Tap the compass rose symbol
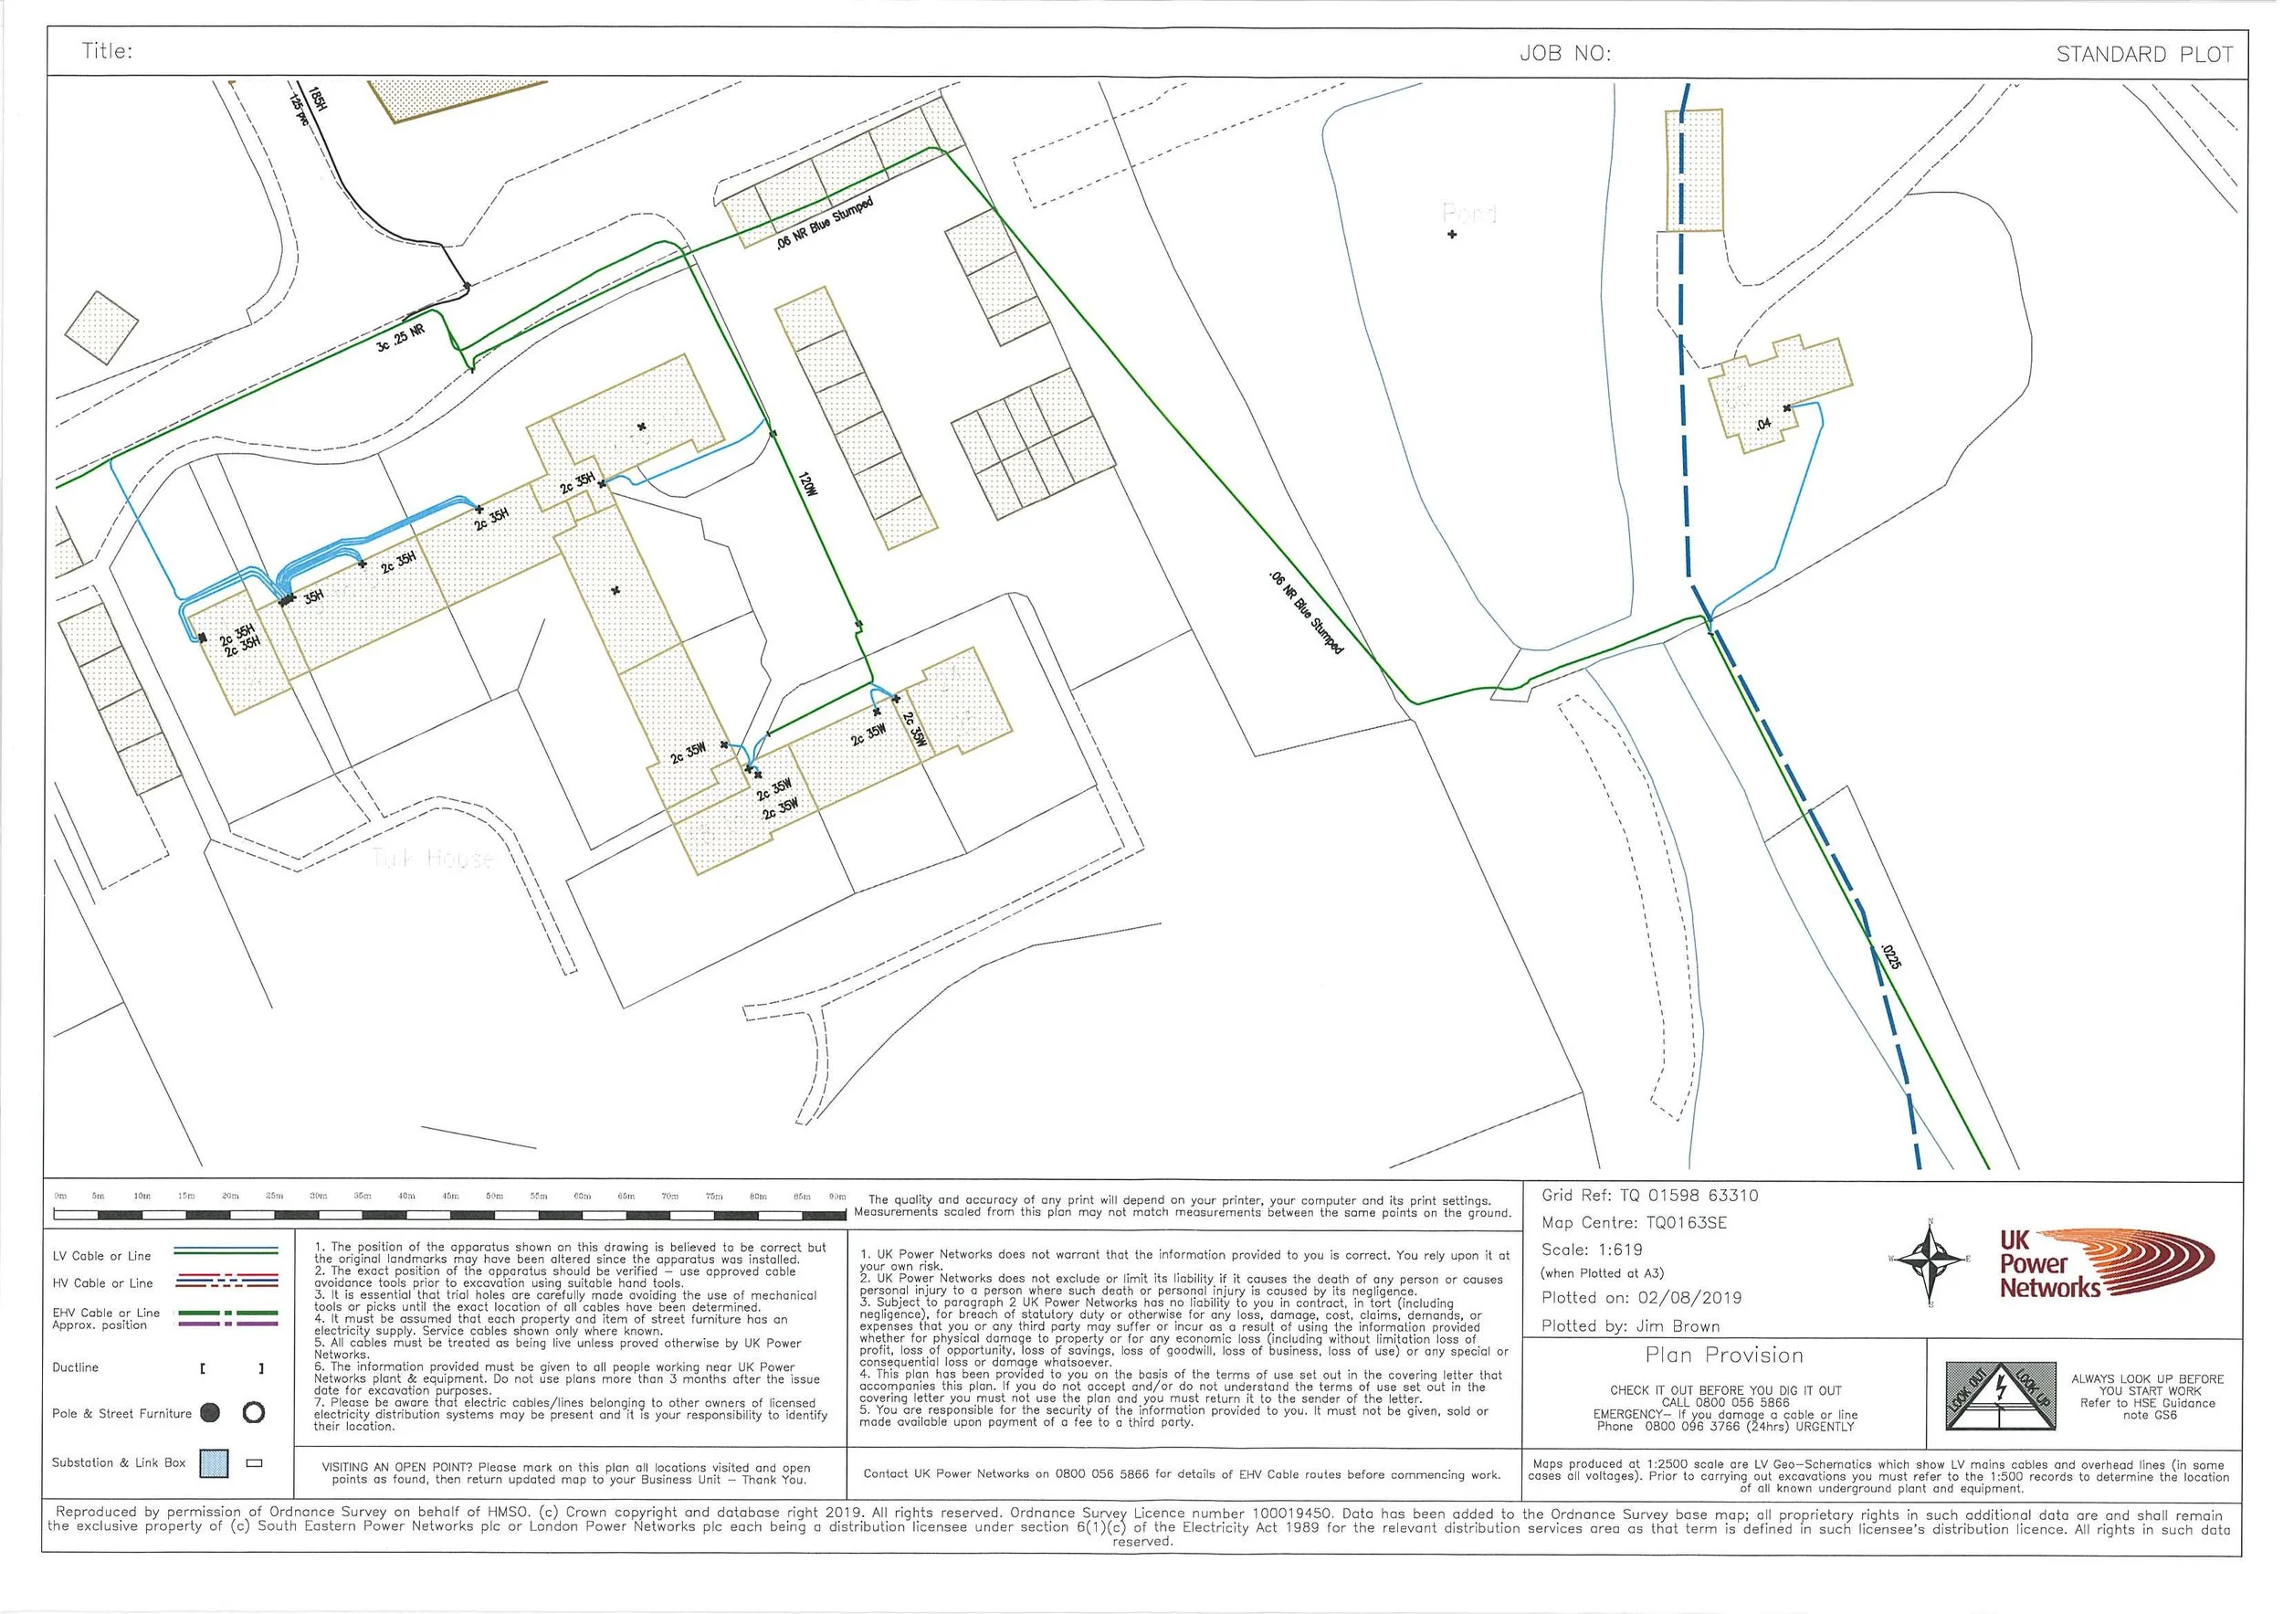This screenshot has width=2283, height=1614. click(x=1929, y=1262)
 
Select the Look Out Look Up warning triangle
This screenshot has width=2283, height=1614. click(x=1999, y=1398)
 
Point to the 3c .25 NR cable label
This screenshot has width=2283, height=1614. click(x=401, y=338)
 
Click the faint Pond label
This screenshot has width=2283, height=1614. click(x=1468, y=213)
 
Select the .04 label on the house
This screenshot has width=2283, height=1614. click(x=1763, y=425)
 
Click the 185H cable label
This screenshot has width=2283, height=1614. click(x=316, y=100)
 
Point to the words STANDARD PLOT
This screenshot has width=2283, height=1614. click(x=2144, y=55)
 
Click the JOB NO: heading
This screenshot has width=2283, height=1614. click(x=1564, y=54)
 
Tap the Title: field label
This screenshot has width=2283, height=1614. click(x=107, y=52)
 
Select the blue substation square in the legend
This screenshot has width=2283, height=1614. click(x=214, y=1463)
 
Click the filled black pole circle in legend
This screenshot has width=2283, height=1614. click(x=210, y=1413)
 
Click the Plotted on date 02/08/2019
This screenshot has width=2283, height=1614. click(x=1689, y=1298)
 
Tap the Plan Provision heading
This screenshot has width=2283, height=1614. click(x=1723, y=1356)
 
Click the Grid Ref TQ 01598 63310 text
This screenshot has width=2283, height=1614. click(x=1649, y=1196)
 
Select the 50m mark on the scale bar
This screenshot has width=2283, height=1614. click(x=494, y=1197)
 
